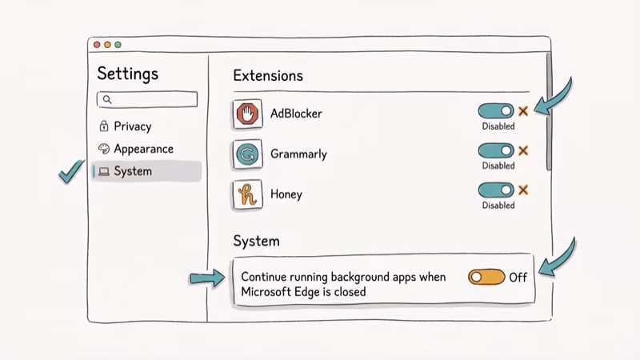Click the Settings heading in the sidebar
pyautogui.click(x=128, y=74)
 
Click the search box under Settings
pyautogui.click(x=147, y=99)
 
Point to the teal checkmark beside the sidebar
pyautogui.click(x=72, y=170)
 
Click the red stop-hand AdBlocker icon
pyautogui.click(x=247, y=114)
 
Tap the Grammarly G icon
pyautogui.click(x=247, y=154)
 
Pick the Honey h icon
pyautogui.click(x=247, y=194)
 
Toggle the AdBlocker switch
pyautogui.click(x=496, y=111)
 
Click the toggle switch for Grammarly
pyautogui.click(x=496, y=150)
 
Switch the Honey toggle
pyautogui.click(x=496, y=190)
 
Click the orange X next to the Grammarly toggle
pyautogui.click(x=523, y=150)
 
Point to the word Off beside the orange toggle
pyautogui.click(x=518, y=278)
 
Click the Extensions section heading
pyautogui.click(x=268, y=76)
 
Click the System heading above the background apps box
pyautogui.click(x=256, y=241)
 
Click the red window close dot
pyautogui.click(x=98, y=45)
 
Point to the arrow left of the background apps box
pyautogui.click(x=207, y=278)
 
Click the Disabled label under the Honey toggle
pyautogui.click(x=498, y=206)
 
